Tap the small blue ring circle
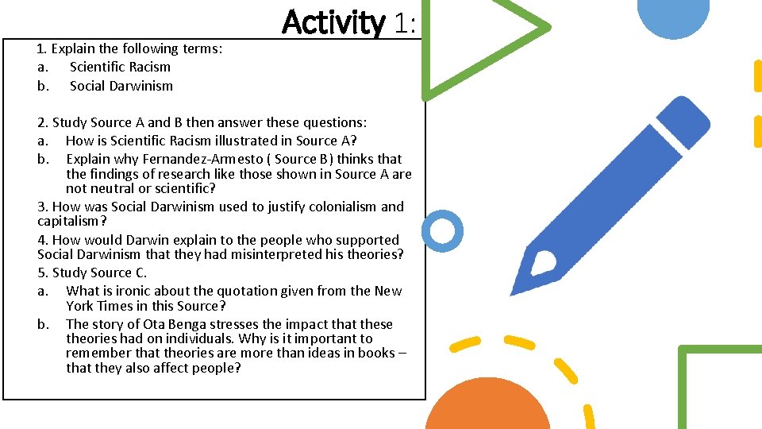click(441, 231)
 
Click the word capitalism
click(68, 221)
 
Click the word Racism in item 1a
click(149, 67)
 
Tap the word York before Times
click(82, 306)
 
